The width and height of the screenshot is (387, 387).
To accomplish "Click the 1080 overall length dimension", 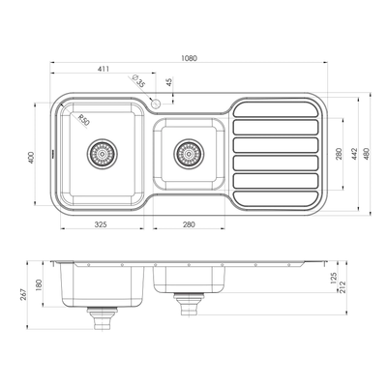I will (190, 58).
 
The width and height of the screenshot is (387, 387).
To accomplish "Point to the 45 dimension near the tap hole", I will (170, 82).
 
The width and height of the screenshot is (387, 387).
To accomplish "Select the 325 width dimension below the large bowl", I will (104, 224).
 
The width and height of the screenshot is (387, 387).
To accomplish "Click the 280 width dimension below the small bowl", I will (189, 224).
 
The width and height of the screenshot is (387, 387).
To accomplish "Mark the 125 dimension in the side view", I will (333, 278).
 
